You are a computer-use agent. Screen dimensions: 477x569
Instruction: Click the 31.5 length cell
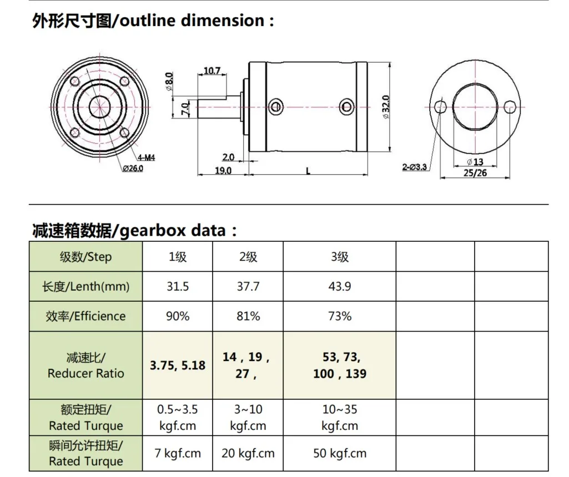click(178, 287)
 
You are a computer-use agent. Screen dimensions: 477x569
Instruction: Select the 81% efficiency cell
click(248, 316)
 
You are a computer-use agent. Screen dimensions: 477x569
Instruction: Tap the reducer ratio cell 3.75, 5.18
click(178, 366)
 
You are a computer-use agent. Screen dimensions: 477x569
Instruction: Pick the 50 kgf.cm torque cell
click(340, 453)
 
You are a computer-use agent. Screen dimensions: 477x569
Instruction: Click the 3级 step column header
click(340, 257)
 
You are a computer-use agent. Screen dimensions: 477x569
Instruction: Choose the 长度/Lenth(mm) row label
click(85, 287)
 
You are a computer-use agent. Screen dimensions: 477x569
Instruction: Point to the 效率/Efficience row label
click(85, 316)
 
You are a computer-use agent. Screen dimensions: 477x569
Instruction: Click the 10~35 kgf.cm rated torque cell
click(340, 418)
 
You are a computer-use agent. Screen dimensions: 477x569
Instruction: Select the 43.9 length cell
click(340, 287)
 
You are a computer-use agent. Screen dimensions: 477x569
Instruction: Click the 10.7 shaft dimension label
click(212, 70)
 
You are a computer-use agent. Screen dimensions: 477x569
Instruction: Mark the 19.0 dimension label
click(223, 170)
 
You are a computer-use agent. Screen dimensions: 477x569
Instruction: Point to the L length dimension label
click(308, 171)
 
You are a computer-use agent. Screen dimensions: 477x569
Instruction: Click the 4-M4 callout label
click(146, 158)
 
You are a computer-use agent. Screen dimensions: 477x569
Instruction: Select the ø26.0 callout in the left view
click(133, 168)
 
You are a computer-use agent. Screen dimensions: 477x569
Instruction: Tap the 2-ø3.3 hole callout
click(415, 166)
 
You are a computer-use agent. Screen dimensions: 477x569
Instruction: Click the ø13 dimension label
click(475, 161)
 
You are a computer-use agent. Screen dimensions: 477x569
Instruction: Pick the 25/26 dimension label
click(475, 172)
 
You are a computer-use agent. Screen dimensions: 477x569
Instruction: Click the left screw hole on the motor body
click(275, 105)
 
